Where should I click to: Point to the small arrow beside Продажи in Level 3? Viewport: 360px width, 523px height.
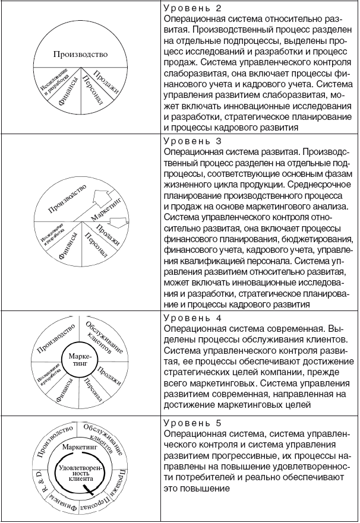tap(121, 223)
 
